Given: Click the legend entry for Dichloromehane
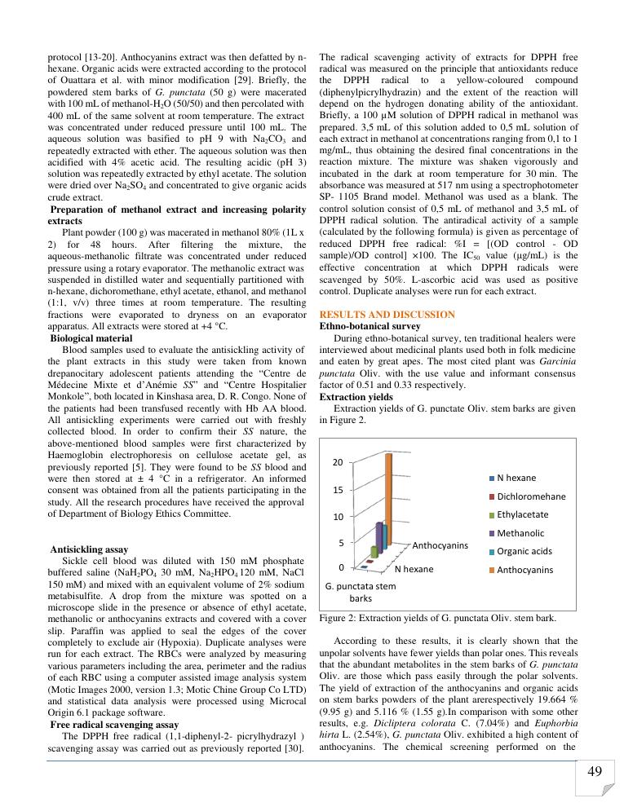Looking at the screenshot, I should pyautogui.click(x=531, y=496).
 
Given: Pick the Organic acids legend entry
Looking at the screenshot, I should pyautogui.click(x=524, y=551).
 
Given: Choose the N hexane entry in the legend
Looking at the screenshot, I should pyautogui.click(x=516, y=477).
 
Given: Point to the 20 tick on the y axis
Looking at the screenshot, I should pyautogui.click(x=336, y=462).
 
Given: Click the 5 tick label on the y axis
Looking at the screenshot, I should pyautogui.click(x=339, y=542).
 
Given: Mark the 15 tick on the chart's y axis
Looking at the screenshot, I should pyautogui.click(x=336, y=490).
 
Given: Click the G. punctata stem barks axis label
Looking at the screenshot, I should pyautogui.click(x=360, y=592).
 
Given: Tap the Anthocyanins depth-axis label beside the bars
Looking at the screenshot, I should pyautogui.click(x=440, y=545).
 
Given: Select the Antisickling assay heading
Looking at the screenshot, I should pyautogui.click(x=88, y=549).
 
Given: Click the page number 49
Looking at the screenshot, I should pyautogui.click(x=594, y=771).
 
